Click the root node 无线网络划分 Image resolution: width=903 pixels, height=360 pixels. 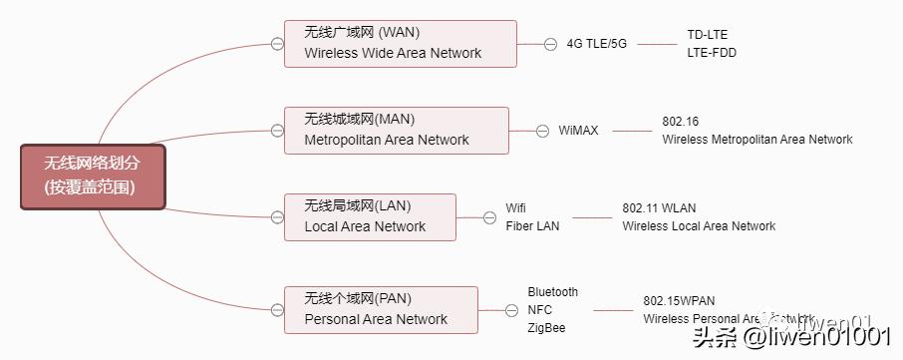[93, 177]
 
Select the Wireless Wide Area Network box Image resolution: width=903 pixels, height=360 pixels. [400, 44]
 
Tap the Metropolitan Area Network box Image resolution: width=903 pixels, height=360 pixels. [396, 131]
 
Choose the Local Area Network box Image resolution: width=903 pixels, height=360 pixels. [370, 216]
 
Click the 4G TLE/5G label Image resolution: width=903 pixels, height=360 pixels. [596, 44]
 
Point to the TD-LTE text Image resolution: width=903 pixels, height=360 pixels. [708, 35]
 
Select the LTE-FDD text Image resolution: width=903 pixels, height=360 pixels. [712, 53]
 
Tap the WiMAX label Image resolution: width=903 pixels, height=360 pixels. [578, 131]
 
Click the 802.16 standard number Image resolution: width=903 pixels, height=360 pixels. [680, 122]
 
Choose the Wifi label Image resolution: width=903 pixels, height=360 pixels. [515, 208]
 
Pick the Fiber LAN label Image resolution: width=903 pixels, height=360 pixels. [532, 226]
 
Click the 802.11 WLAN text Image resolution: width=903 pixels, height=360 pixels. [659, 208]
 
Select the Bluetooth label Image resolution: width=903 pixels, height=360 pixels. [552, 292]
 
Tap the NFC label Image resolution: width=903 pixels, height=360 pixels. [539, 310]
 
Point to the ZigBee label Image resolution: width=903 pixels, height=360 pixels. [546, 328]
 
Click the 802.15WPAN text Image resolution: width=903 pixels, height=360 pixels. [679, 301]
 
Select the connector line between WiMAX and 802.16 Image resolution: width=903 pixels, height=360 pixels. [632, 131]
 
